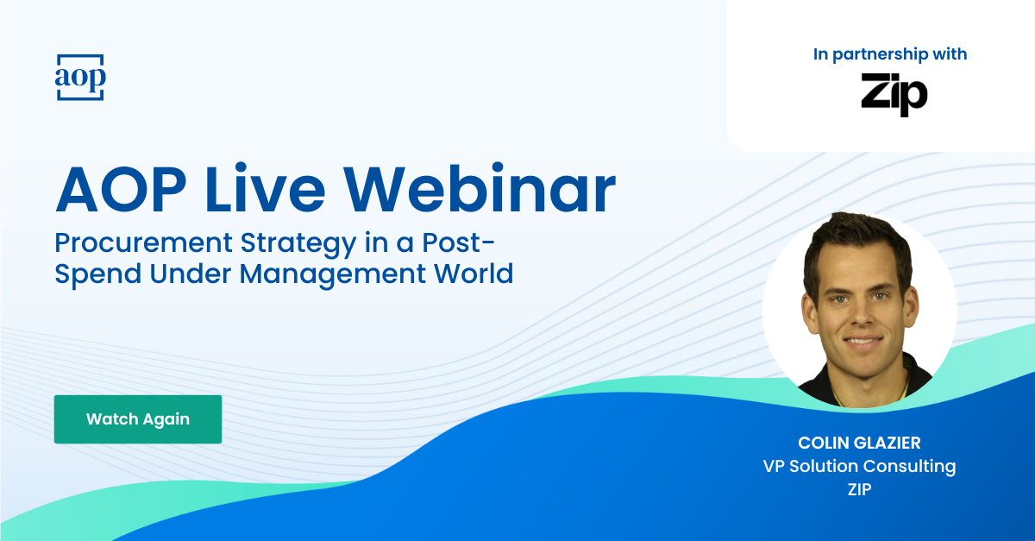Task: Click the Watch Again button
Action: point(138,419)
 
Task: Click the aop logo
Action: point(80,77)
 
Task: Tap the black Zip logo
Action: point(894,95)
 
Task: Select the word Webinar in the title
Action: point(480,190)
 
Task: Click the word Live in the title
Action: point(265,190)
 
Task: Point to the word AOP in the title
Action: point(121,190)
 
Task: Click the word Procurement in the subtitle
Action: point(143,243)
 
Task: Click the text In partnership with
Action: point(890,54)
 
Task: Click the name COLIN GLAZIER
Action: point(859,443)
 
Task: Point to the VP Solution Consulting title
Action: point(859,467)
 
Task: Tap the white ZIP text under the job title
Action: point(859,489)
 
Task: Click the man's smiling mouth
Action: point(862,342)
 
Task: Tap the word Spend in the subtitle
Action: point(98,274)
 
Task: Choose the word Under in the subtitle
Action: point(191,274)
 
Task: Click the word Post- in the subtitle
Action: point(458,243)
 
